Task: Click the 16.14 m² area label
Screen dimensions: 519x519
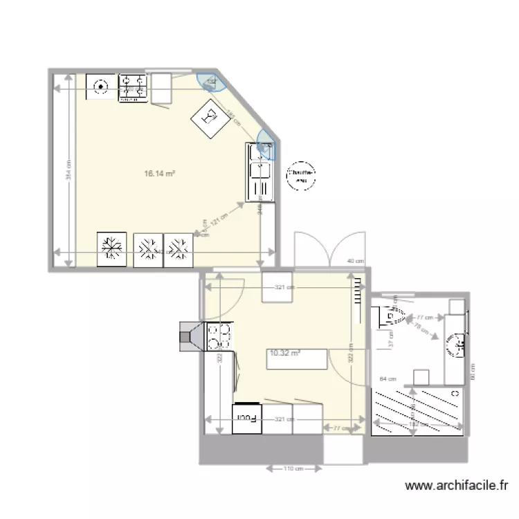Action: (x=158, y=174)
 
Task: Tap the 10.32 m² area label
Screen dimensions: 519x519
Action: (x=284, y=353)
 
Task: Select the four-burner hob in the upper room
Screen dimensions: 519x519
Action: (x=134, y=89)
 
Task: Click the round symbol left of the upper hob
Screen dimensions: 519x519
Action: (x=101, y=87)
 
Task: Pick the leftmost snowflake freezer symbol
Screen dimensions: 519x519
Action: (x=111, y=247)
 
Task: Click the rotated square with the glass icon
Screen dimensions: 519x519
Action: (x=210, y=118)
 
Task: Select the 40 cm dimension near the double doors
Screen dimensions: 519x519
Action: (x=354, y=261)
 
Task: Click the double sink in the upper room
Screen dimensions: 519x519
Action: (x=261, y=171)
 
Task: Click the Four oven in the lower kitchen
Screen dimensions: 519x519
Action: (x=248, y=418)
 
